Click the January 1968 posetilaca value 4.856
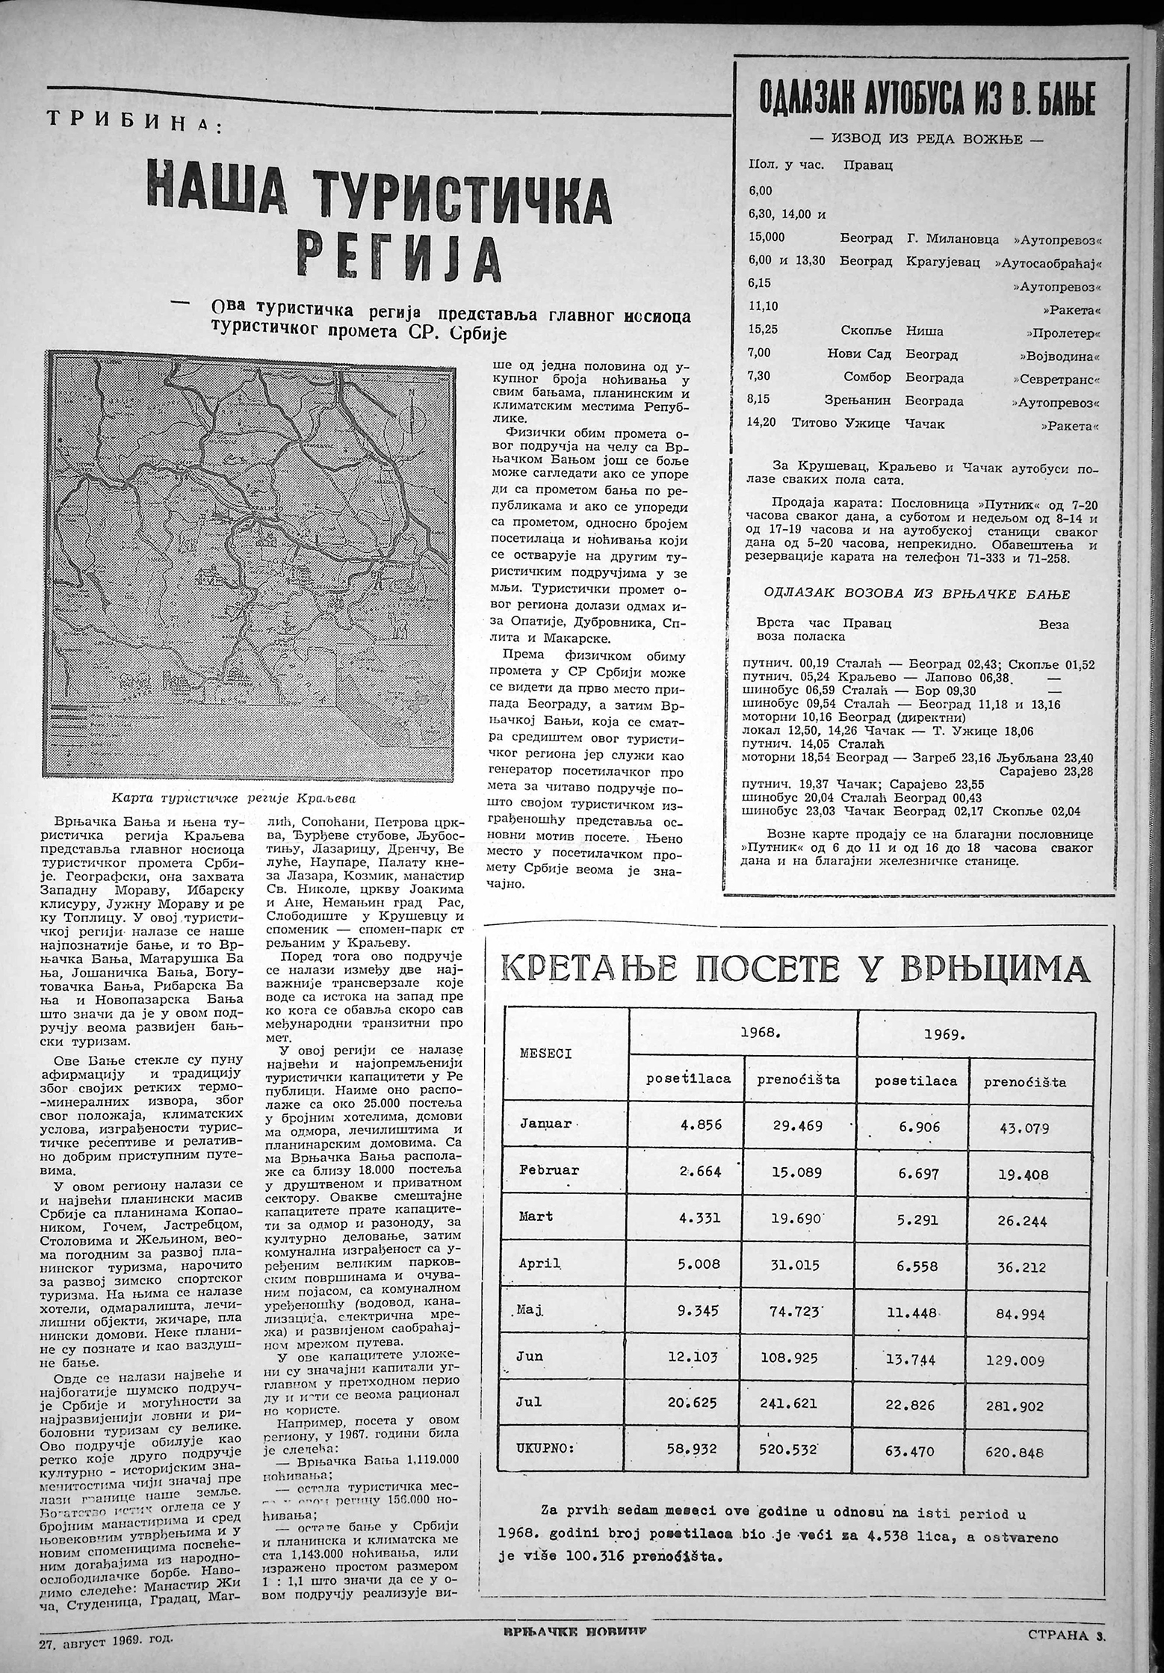(x=700, y=1124)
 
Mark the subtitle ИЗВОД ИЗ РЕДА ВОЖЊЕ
(x=927, y=140)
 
